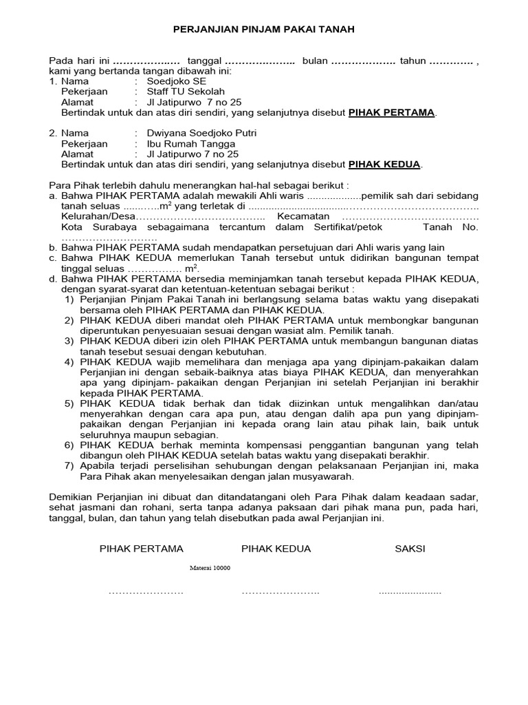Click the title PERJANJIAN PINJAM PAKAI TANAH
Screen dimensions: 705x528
coord(263,30)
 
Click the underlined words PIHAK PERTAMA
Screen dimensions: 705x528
coord(392,112)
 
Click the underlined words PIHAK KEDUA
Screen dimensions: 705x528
coord(385,165)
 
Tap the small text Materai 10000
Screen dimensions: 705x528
coord(210,568)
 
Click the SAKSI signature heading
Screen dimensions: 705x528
coord(410,549)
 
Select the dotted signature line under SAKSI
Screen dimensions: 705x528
coord(410,591)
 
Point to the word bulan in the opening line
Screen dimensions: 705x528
coord(315,61)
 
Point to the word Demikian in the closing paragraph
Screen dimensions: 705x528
coord(71,497)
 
